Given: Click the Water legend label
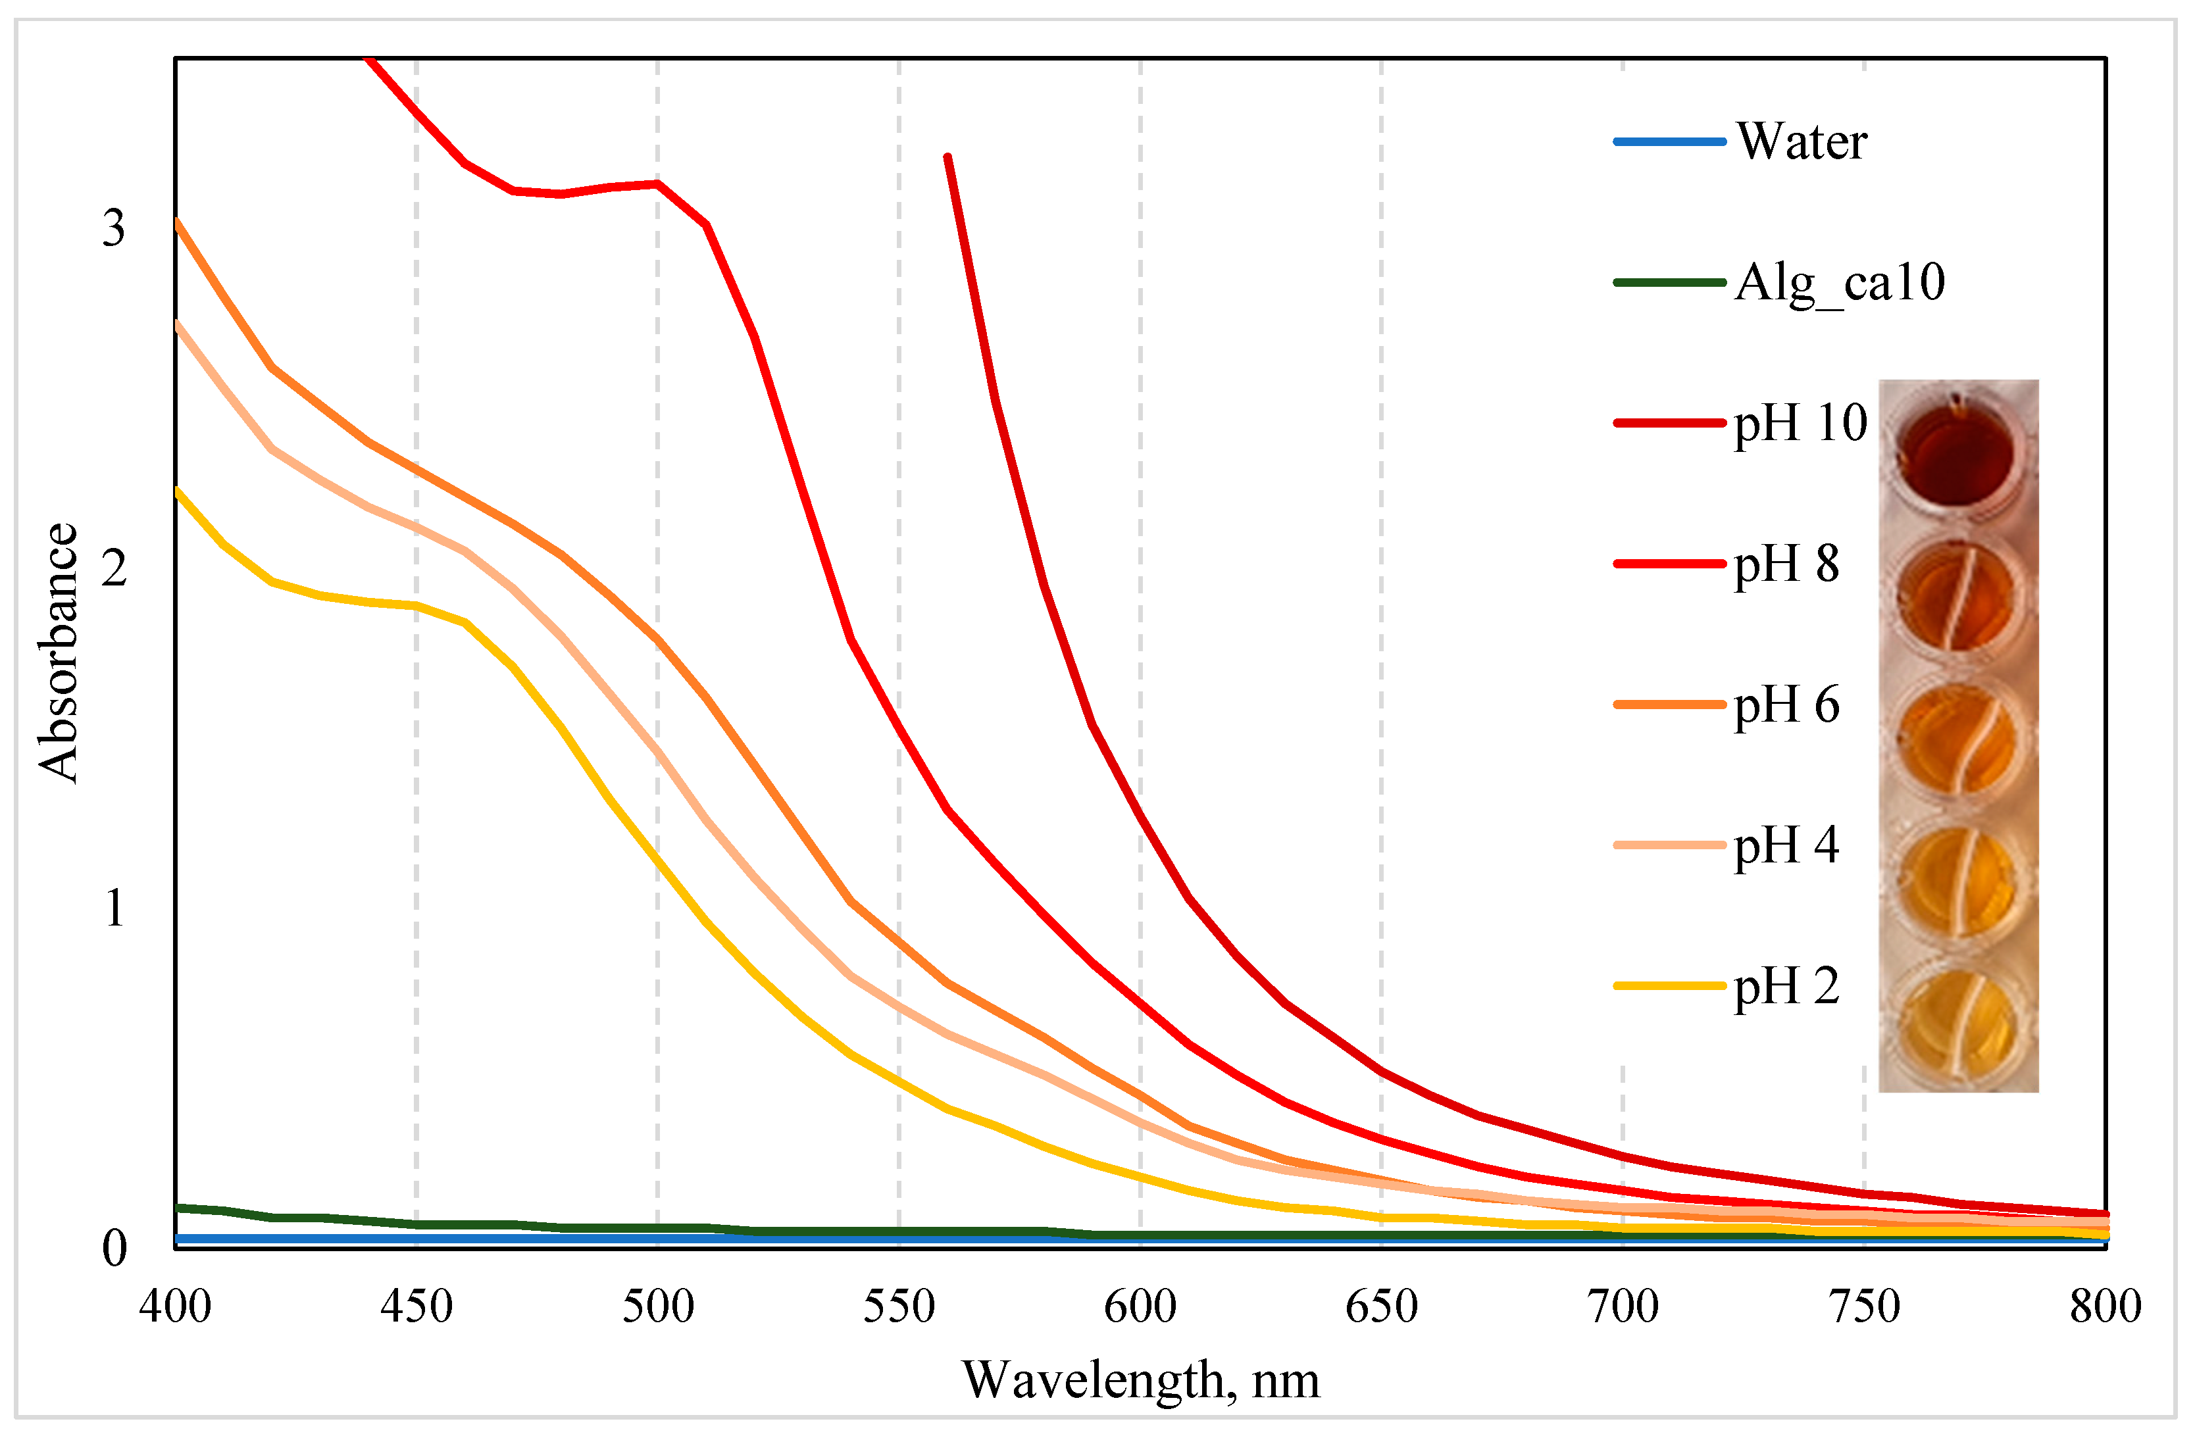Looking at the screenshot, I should (x=1802, y=142).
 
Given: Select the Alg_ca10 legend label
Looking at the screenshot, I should (x=1839, y=283).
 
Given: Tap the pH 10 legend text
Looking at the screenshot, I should (x=1800, y=424).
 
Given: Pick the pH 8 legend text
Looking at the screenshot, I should (x=1786, y=564).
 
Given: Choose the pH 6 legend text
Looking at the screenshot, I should (x=1786, y=705).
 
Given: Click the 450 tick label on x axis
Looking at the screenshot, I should (x=416, y=1306).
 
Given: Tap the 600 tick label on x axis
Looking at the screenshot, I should (x=1140, y=1306).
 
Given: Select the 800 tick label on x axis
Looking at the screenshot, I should (x=2105, y=1306).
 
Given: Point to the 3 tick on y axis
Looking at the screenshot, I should (x=113, y=228).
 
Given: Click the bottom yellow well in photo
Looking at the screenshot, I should (x=1957, y=1024).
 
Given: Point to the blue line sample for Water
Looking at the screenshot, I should (x=1669, y=142).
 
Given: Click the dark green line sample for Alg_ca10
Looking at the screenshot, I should (x=1669, y=283).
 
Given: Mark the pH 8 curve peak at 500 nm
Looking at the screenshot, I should (x=657, y=184).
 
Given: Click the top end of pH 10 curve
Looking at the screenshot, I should (x=947, y=157).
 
